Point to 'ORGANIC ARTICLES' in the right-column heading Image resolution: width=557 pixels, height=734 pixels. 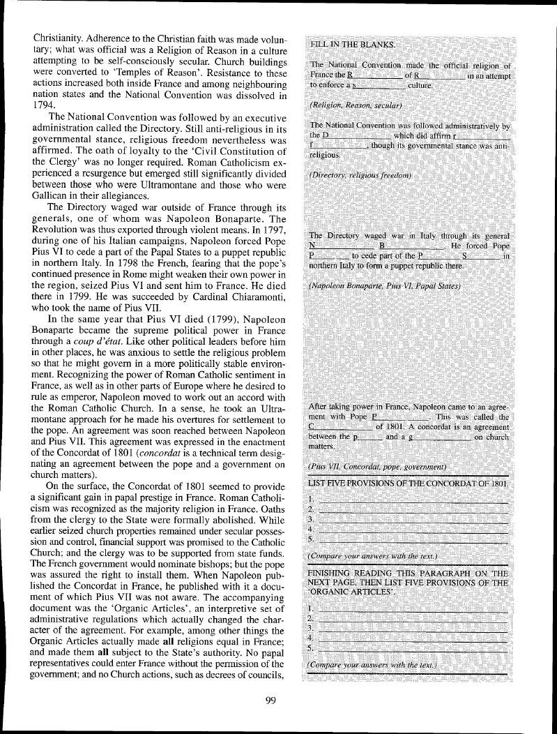[346, 592]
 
